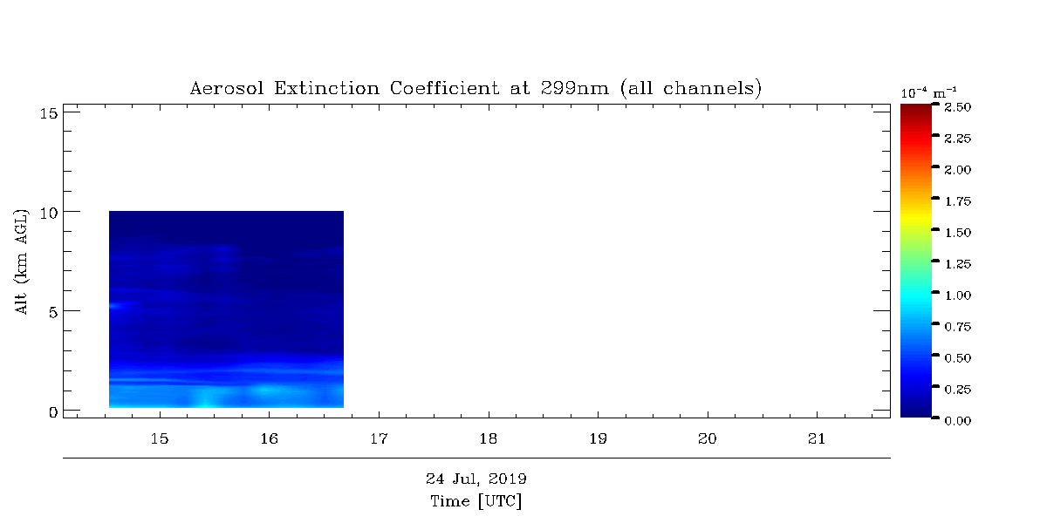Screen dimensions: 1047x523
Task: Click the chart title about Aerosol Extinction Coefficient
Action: pyautogui.click(x=476, y=88)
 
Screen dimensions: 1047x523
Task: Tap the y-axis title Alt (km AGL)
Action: pyautogui.click(x=21, y=261)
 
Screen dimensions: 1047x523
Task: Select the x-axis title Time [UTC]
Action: pyautogui.click(x=476, y=501)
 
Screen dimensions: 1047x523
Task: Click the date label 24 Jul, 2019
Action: pyautogui.click(x=476, y=479)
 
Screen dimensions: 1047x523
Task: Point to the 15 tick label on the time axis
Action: pyautogui.click(x=160, y=439)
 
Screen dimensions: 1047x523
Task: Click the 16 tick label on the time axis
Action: pyautogui.click(x=270, y=439)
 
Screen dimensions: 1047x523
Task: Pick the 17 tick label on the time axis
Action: pyautogui.click(x=379, y=439)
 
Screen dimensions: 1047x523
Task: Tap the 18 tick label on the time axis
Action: pyautogui.click(x=489, y=439)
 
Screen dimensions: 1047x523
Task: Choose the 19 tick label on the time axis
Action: pyautogui.click(x=598, y=439)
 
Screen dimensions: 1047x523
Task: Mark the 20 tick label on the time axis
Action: pyautogui.click(x=708, y=439)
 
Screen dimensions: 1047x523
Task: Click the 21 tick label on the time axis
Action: pyautogui.click(x=817, y=439)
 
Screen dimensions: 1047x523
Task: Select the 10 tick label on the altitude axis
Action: pyautogui.click(x=49, y=214)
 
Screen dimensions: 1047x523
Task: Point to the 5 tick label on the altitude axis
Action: pyautogui.click(x=53, y=312)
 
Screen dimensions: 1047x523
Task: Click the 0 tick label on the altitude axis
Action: pyautogui.click(x=53, y=412)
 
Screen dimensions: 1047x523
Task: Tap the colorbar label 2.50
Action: pyautogui.click(x=958, y=107)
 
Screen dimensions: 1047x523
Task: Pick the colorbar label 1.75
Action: pyautogui.click(x=958, y=201)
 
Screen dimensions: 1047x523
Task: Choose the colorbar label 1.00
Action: pyautogui.click(x=958, y=295)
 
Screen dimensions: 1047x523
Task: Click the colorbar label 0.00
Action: pyautogui.click(x=958, y=421)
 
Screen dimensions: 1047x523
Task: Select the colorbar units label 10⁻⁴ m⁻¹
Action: pyautogui.click(x=928, y=93)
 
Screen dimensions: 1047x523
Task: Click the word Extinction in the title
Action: pyautogui.click(x=326, y=88)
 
